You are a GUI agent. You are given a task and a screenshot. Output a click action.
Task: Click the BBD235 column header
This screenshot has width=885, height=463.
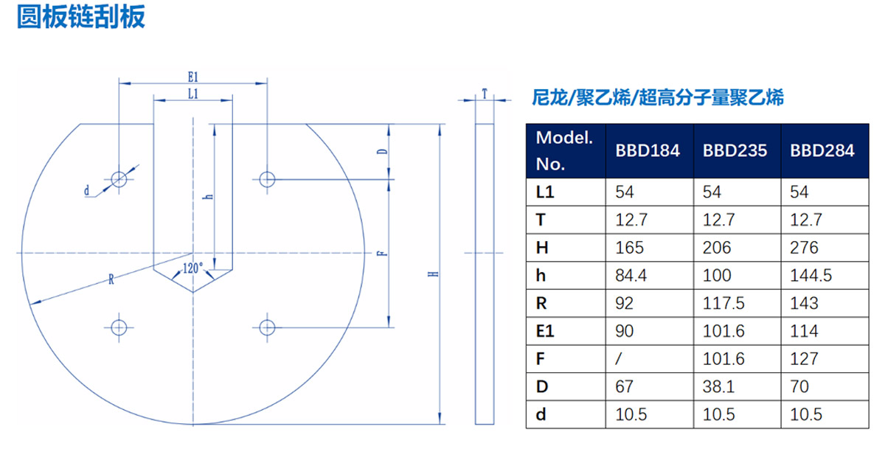735,150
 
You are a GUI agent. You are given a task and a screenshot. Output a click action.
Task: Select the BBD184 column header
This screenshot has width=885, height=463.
648,150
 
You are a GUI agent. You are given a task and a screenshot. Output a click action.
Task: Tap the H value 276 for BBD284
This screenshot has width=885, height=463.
804,248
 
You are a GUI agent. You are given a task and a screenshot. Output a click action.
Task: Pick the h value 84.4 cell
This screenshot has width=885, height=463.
631,275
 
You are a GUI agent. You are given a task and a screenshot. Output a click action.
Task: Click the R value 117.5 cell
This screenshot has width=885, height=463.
723,304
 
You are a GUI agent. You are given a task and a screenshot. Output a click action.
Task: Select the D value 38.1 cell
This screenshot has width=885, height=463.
718,387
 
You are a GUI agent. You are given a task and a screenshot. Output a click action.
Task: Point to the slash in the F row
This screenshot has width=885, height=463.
619,359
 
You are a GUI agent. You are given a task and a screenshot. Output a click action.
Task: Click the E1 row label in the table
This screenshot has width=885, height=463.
545,331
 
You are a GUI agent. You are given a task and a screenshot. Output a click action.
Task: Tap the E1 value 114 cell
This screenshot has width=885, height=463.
804,331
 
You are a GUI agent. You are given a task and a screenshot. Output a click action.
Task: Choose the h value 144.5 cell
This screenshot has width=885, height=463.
811,275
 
